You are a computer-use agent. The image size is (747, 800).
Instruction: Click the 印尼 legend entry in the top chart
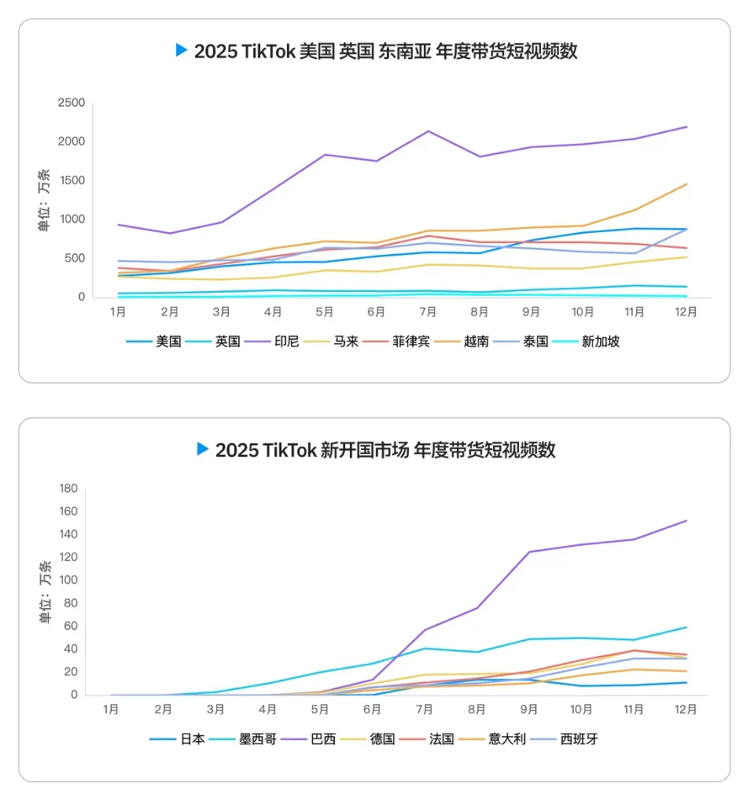click(272, 341)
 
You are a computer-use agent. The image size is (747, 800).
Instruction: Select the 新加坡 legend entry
click(586, 341)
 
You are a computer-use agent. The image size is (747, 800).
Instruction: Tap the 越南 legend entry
click(462, 341)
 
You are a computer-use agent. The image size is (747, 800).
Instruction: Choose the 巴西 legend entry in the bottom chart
click(308, 739)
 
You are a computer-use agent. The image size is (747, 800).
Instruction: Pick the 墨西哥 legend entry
click(243, 739)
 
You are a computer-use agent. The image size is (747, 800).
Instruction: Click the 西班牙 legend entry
click(565, 739)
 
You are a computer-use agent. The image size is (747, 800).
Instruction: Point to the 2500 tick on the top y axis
click(72, 102)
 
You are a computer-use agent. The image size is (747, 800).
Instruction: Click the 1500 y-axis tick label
click(72, 180)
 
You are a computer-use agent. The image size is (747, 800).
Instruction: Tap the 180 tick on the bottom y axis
click(68, 488)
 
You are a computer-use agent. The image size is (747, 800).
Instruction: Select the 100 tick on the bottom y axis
click(68, 580)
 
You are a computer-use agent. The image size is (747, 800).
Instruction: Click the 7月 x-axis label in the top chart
click(428, 312)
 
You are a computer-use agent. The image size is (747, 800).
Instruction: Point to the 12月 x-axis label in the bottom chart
click(686, 710)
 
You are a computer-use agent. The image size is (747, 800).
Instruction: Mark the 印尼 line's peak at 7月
click(429, 131)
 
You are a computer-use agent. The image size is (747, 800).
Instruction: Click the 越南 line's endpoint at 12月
click(686, 184)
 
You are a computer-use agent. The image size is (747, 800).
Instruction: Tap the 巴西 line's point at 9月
click(529, 551)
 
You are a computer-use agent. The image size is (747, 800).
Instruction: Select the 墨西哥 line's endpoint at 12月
click(686, 628)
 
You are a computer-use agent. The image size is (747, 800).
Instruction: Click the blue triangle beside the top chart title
click(181, 50)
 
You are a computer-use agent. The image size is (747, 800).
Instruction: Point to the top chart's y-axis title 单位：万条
click(44, 200)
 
